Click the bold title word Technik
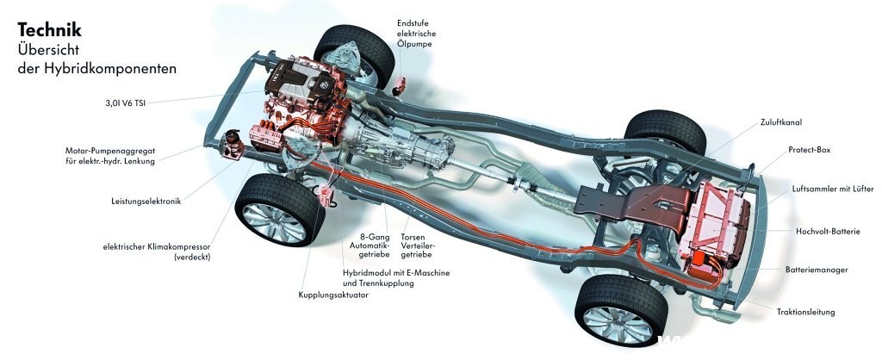[49, 31]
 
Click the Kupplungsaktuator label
[333, 295]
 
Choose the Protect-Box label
[809, 150]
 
